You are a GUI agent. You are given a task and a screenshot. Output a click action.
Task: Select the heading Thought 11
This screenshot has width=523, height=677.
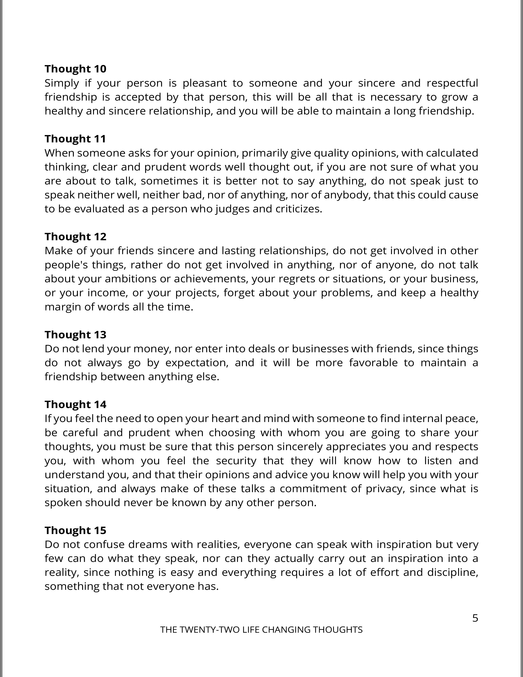tap(75, 138)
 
